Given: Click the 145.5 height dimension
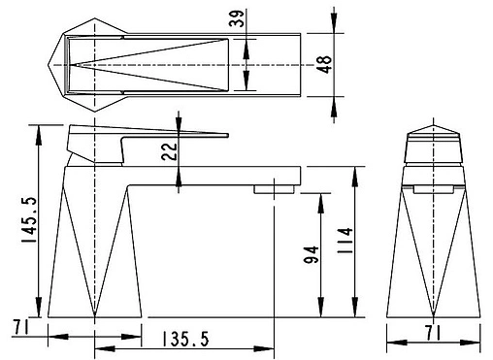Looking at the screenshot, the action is click(30, 220).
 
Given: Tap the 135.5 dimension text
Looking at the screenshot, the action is click(185, 339).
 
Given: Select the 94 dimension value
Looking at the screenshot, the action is click(312, 255).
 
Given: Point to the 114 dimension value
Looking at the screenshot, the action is click(345, 241).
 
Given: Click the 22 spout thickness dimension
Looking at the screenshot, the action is click(170, 151).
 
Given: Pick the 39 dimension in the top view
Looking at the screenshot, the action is click(236, 18).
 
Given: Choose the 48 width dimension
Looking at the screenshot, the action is click(324, 64).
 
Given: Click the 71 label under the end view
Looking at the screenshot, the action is click(434, 333).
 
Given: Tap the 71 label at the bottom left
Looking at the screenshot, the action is click(20, 327).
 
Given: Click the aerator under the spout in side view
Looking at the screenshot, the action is click(274, 189).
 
